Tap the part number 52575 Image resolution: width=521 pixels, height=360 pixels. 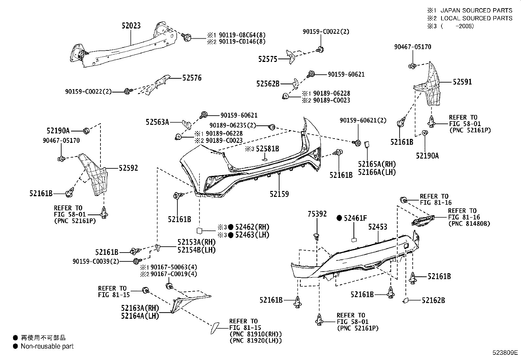[268, 59]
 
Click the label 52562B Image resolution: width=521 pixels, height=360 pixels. [268, 84]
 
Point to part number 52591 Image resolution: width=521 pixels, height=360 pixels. [462, 82]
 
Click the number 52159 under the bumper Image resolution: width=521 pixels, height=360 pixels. [279, 194]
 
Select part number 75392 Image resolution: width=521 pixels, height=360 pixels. [317, 214]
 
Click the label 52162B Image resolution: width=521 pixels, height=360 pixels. [433, 300]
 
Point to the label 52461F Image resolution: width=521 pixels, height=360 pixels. [355, 218]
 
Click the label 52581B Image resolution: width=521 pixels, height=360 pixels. [267, 149]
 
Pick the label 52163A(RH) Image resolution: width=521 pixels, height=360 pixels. [140, 308]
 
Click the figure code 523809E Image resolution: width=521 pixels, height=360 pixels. [505, 353]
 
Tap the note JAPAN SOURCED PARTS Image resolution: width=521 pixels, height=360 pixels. [476, 10]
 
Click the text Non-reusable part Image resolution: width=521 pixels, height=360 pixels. [47, 346]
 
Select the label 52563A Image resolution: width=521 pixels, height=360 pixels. [157, 122]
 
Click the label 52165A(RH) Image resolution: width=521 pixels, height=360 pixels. [377, 164]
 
